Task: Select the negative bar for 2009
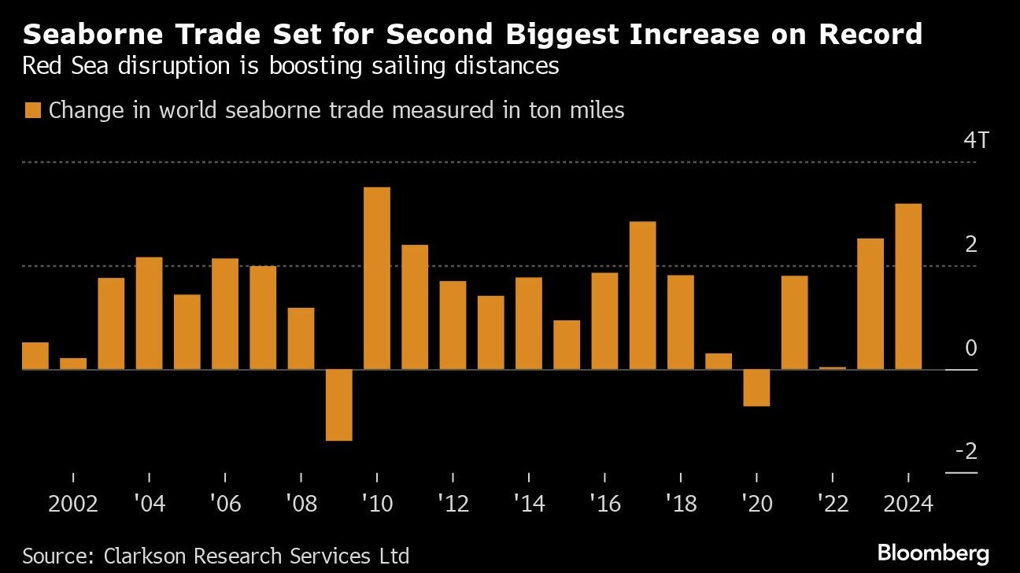tap(338, 405)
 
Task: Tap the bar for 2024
tap(908, 286)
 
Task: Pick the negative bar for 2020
tap(756, 387)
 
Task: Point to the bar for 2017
tap(642, 295)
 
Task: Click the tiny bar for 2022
tap(832, 368)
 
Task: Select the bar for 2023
tap(870, 304)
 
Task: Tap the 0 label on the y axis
tap(970, 348)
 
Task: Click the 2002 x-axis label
tap(73, 504)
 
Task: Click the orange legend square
tap(32, 110)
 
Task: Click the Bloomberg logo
tap(933, 553)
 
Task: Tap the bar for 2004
tap(149, 313)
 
